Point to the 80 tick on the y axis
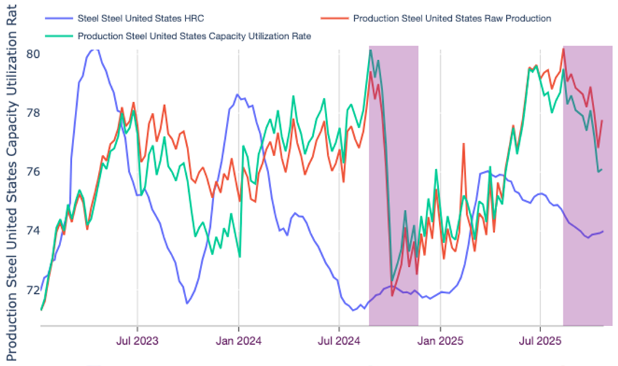[32, 54]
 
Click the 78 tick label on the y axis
[32, 113]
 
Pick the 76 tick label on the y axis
[32, 172]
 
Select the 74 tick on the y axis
[32, 230]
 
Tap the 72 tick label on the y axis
[32, 290]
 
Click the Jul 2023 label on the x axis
[137, 340]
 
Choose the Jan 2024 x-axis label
[238, 340]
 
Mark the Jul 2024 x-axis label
[339, 340]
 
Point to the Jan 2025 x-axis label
[439, 340]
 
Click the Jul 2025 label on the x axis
[540, 340]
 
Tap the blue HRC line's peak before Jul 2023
[95, 49]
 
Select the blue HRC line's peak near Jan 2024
[237, 95]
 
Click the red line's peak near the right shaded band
[563, 49]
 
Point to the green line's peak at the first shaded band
[370, 50]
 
